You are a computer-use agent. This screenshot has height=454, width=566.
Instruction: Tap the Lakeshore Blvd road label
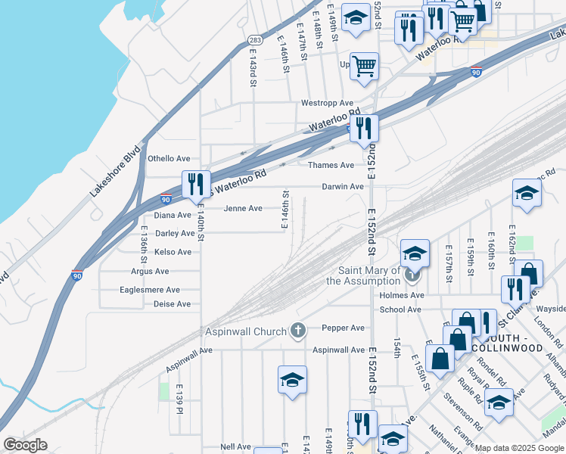[x=116, y=172]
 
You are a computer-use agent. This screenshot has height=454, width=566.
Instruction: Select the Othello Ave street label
[x=169, y=159]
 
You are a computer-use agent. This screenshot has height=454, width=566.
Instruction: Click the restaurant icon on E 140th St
[x=195, y=185]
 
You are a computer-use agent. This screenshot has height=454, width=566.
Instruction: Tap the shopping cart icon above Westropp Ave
[x=365, y=66]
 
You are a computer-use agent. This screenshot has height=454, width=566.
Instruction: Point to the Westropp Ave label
[x=327, y=103]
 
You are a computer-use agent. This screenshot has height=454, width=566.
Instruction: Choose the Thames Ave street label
[x=331, y=165]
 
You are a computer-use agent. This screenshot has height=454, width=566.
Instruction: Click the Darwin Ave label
[x=343, y=186]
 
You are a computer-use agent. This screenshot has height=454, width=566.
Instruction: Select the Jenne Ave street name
[x=243, y=208]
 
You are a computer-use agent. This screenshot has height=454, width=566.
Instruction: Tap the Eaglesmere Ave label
[x=150, y=290]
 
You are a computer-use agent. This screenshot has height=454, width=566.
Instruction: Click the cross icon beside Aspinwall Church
[x=299, y=331]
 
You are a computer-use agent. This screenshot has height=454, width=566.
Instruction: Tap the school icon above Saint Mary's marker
[x=415, y=253]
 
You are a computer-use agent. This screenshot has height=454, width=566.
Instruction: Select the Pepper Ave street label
[x=343, y=328]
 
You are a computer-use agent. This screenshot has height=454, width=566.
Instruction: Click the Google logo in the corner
[x=26, y=445]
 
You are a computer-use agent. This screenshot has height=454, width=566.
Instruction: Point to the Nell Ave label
[x=235, y=446]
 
